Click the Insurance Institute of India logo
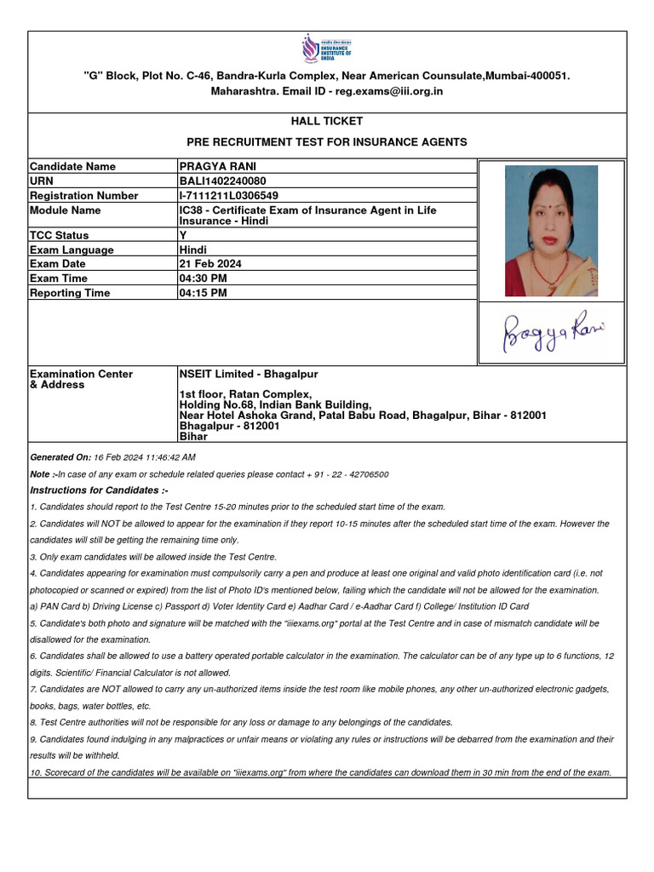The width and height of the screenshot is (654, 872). point(326,49)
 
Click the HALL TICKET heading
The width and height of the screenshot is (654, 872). point(327,122)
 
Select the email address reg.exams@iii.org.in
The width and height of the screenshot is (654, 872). point(389,91)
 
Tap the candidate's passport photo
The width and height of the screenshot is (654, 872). point(551,230)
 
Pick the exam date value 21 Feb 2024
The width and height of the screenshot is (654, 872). point(210,264)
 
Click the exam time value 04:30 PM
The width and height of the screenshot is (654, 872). point(203,278)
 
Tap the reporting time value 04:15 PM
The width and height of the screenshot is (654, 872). point(203,293)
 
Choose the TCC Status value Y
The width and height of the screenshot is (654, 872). point(182,235)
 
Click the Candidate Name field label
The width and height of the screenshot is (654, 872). point(72,166)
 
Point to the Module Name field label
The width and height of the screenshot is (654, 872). point(65,209)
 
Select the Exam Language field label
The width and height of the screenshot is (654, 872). point(72,250)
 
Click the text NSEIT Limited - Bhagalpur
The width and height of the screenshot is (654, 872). point(249,374)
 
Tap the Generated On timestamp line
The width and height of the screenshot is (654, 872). point(112,457)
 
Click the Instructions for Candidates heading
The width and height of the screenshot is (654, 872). point(99,490)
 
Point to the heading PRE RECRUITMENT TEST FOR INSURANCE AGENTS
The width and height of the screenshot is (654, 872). point(327,142)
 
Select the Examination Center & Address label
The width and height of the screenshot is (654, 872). point(81,379)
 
